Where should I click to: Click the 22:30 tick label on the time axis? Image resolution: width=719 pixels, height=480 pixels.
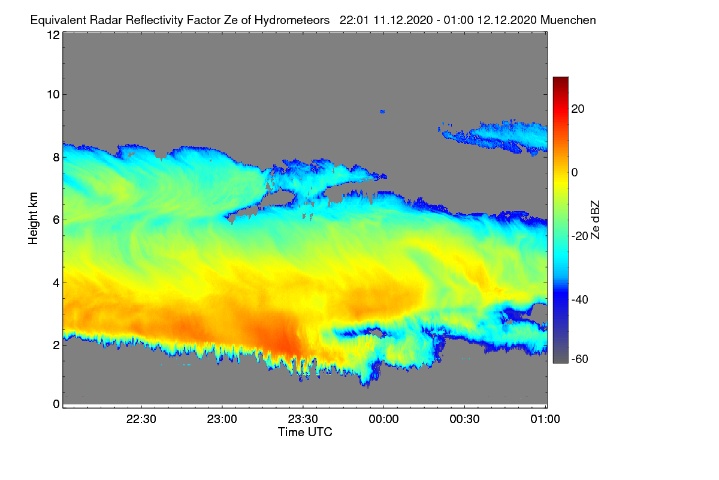[x=141, y=419]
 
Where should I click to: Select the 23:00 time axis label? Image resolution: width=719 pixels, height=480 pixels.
[x=222, y=419]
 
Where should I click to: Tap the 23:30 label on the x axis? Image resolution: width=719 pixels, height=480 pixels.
[x=303, y=419]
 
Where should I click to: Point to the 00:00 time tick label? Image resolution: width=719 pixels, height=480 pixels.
[x=384, y=419]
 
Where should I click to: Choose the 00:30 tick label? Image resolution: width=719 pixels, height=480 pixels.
[x=465, y=419]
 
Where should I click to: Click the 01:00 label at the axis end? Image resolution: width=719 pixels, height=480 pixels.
[x=545, y=419]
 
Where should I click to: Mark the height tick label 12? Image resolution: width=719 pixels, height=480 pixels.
[x=53, y=35]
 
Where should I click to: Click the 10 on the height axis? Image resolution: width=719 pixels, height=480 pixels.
[x=53, y=95]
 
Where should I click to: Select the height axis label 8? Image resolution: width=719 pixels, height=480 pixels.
[x=57, y=158]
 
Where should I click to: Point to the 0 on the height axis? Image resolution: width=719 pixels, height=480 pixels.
[x=57, y=404]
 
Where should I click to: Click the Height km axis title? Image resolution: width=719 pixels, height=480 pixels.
[x=33, y=218]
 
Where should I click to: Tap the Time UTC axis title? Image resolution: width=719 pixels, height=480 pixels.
[x=305, y=433]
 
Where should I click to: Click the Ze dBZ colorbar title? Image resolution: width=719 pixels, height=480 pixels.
[x=595, y=220]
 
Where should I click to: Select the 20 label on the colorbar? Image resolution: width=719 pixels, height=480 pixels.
[x=578, y=109]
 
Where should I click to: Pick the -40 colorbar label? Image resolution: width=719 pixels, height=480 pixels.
[x=580, y=300]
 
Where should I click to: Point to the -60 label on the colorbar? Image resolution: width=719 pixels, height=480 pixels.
[x=580, y=359]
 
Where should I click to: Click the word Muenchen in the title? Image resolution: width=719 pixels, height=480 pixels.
[x=568, y=20]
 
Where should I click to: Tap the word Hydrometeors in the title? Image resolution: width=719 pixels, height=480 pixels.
[x=292, y=20]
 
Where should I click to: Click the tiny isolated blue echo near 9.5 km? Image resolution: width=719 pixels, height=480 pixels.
[x=382, y=112]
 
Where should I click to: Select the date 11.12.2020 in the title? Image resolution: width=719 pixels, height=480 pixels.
[x=403, y=20]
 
